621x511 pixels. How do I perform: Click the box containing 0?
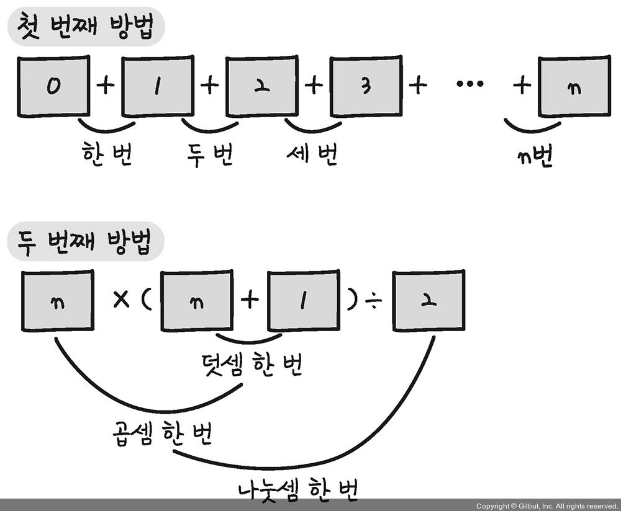tap(54, 87)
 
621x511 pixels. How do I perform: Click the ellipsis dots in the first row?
tap(469, 84)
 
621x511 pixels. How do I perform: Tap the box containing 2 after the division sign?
tap(428, 300)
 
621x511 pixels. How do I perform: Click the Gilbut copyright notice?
tap(546, 506)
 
